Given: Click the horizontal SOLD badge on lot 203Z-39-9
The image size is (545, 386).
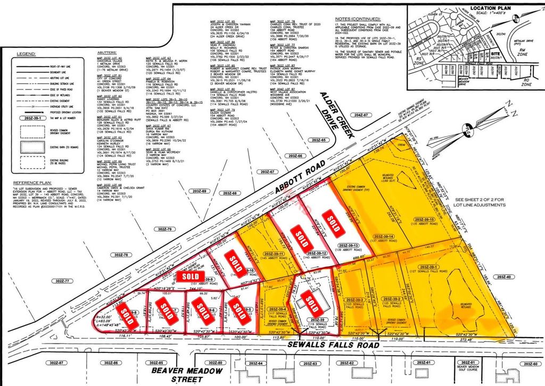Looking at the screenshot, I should coord(190,276).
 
